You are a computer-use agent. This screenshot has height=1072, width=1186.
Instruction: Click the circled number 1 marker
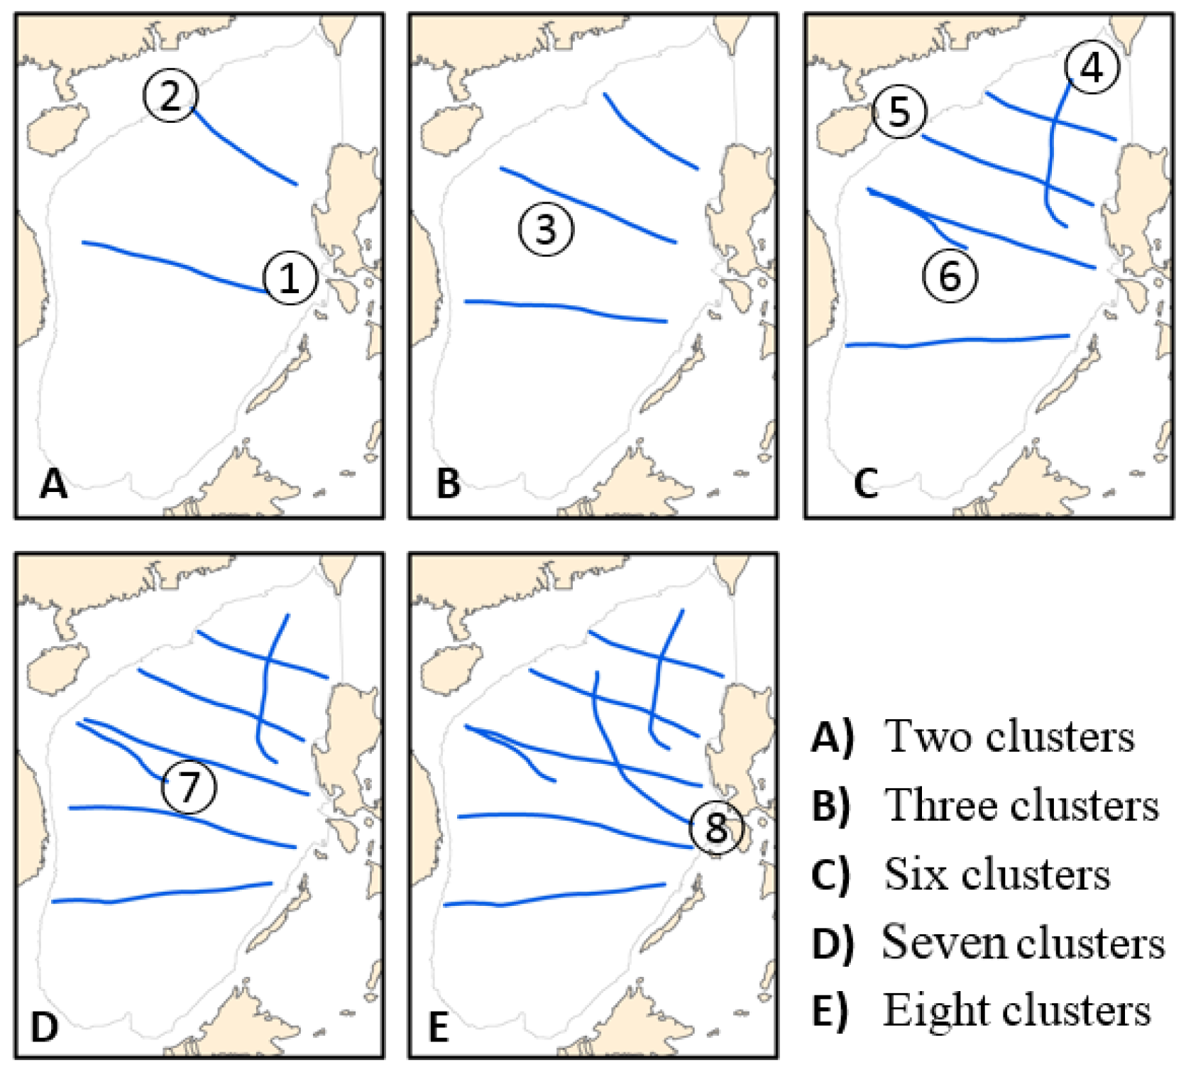[x=290, y=278]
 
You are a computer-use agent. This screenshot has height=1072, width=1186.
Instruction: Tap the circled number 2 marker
[x=170, y=95]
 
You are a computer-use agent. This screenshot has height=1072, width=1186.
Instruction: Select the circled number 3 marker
[x=545, y=229]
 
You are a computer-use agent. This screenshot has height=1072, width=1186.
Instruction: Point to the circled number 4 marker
[x=1092, y=67]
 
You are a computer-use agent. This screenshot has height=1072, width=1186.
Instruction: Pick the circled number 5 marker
[x=899, y=111]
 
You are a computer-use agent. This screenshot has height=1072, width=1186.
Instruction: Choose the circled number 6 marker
[x=950, y=275]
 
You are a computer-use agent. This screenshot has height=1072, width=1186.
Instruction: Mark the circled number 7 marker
[x=189, y=786]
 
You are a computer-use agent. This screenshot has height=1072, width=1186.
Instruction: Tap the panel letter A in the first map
[x=53, y=484]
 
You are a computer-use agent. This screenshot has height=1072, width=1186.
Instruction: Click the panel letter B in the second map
[x=448, y=484]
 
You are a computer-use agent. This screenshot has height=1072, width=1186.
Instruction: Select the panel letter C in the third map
[x=865, y=484]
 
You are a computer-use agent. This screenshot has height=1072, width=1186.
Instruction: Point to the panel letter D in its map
[x=44, y=1027]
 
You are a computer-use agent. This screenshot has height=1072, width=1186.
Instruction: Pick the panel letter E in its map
[x=439, y=1027]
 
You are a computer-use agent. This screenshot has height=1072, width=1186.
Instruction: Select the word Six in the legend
[x=916, y=874]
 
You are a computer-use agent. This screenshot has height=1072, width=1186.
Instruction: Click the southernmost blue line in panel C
[x=958, y=341]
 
